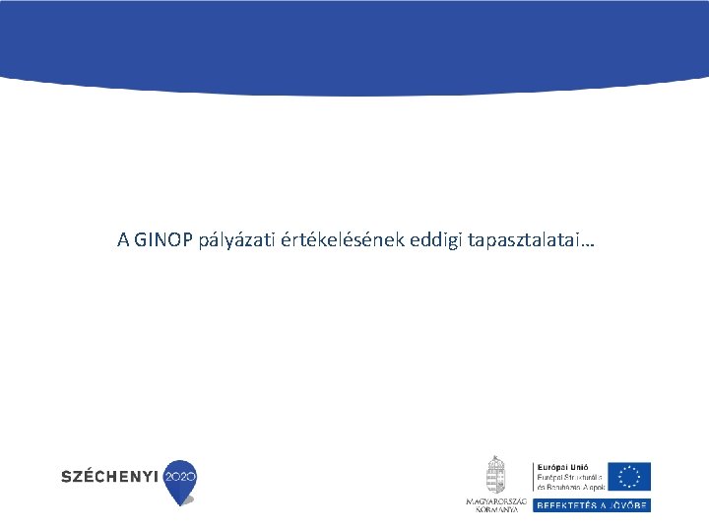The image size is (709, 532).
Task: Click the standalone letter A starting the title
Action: pos(123,239)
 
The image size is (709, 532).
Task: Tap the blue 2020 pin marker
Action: pos(179,476)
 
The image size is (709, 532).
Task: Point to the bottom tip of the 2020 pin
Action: pos(179,503)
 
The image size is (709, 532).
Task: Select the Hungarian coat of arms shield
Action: pos(495,480)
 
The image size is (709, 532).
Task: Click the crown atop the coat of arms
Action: pos(495,460)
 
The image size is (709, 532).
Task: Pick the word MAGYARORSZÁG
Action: pos(496,501)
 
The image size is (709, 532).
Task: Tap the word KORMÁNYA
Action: pos(496,508)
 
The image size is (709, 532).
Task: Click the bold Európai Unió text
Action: pos(561,467)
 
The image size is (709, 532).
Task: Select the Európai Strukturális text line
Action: pos(568,477)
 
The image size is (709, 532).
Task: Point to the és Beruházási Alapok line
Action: pos(568,487)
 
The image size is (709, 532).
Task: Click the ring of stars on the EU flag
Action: pos(628,476)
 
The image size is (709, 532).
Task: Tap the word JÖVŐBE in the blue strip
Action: pos(630,504)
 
